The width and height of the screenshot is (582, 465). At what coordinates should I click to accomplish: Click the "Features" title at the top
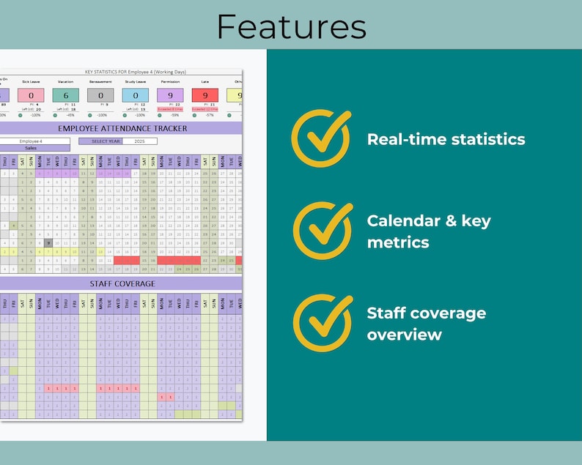(291, 27)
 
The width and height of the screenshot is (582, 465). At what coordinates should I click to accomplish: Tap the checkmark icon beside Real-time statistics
(321, 138)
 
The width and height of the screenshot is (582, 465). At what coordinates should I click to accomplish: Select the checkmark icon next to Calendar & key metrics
(321, 231)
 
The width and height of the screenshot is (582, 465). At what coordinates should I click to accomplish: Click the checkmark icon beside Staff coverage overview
(321, 323)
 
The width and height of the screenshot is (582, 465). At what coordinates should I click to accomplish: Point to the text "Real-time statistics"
(446, 139)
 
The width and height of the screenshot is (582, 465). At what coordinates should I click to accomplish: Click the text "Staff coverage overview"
(426, 324)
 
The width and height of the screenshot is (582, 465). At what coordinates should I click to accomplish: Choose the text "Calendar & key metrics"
(429, 231)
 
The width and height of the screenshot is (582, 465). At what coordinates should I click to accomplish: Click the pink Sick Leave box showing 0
(31, 95)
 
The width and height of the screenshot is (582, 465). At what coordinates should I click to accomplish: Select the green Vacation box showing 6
(66, 95)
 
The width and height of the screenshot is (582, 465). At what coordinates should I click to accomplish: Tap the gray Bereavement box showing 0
(100, 95)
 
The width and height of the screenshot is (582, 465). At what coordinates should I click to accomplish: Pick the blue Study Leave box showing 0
(135, 95)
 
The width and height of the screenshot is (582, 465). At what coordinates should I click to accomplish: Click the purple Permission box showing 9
(170, 95)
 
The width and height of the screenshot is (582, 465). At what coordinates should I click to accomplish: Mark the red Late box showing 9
(205, 95)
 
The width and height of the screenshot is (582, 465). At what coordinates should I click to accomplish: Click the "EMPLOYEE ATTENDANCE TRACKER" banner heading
(122, 128)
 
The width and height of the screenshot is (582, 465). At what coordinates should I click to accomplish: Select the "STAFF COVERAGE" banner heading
(122, 283)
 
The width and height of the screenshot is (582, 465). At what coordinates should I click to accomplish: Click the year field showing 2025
(139, 141)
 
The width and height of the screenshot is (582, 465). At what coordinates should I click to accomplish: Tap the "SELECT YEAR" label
(106, 141)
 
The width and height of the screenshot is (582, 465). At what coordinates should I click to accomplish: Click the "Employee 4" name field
(32, 141)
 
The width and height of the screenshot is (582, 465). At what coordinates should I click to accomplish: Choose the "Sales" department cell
(32, 147)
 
